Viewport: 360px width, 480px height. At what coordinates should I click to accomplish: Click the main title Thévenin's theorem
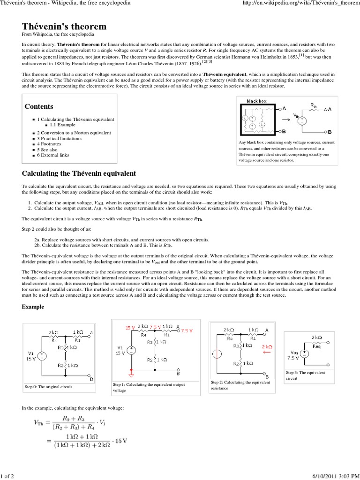click(64, 26)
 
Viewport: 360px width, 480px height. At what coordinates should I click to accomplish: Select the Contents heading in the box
click(39, 106)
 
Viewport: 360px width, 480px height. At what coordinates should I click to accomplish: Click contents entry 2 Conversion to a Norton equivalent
click(74, 133)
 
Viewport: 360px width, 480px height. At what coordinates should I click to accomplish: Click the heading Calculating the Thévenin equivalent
click(79, 173)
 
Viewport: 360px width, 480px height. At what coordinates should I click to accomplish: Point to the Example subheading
click(33, 307)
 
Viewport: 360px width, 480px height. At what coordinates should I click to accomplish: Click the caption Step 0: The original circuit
click(49, 387)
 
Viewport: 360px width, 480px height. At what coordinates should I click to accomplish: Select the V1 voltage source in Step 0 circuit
click(41, 356)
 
